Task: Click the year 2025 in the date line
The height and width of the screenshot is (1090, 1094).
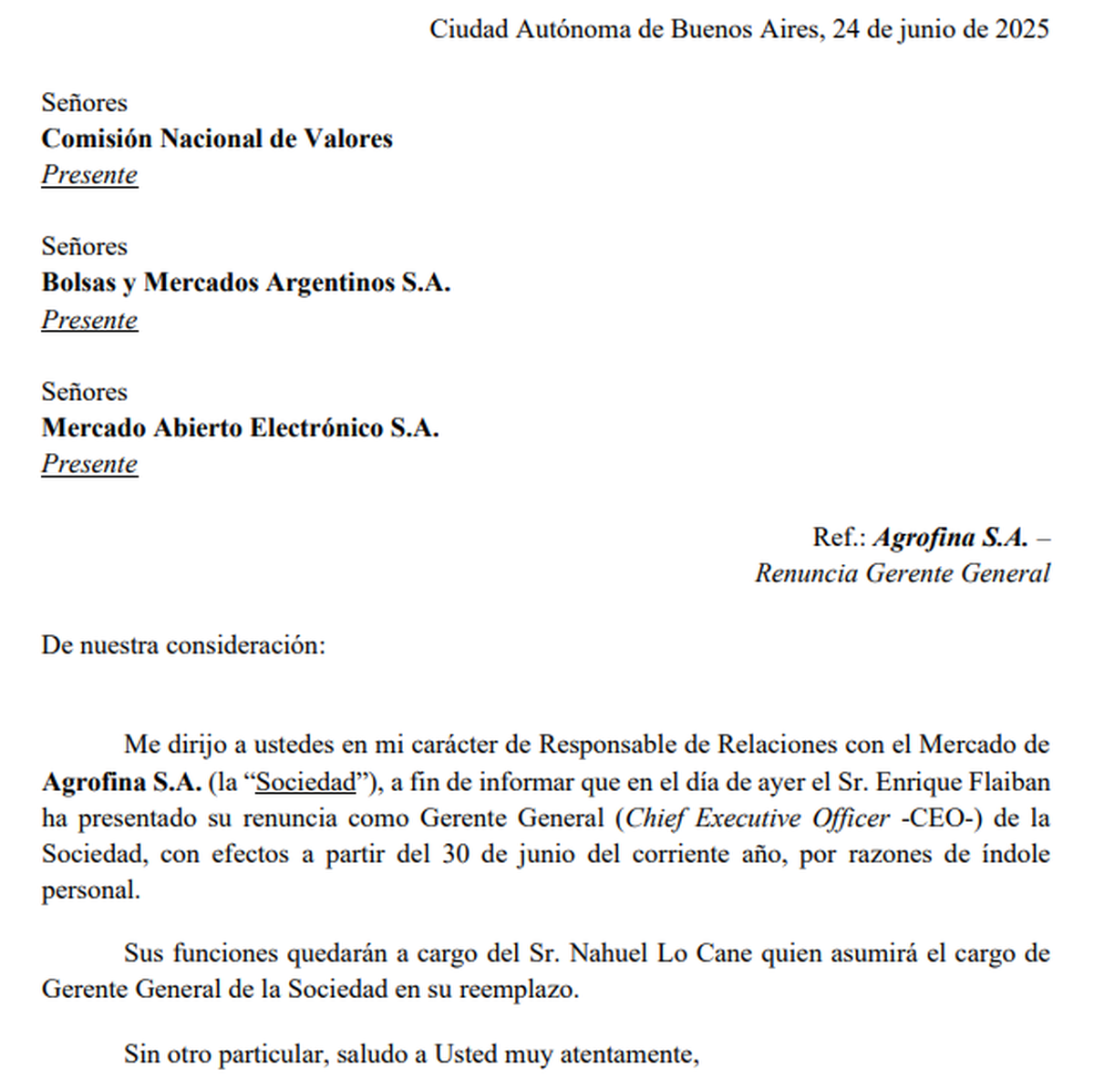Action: click(1022, 29)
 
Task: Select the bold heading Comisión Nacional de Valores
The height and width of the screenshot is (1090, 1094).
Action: click(217, 139)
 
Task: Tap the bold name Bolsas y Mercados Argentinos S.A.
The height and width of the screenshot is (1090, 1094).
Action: click(245, 283)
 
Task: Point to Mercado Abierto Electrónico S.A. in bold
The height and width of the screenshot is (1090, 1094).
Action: click(240, 427)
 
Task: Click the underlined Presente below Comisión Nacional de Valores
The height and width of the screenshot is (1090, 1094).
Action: click(89, 175)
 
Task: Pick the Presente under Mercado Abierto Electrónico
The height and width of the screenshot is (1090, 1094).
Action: click(89, 464)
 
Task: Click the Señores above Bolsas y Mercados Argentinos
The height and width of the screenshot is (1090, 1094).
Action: click(84, 246)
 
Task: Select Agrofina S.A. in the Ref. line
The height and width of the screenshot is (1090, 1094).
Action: click(950, 537)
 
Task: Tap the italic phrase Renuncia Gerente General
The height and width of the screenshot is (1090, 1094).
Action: click(903, 573)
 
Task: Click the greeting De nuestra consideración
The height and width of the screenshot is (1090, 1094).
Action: click(182, 645)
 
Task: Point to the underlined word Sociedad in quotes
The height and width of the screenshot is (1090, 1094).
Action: click(305, 782)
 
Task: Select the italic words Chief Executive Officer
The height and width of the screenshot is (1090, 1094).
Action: click(757, 818)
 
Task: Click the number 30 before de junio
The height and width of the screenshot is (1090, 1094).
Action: click(456, 854)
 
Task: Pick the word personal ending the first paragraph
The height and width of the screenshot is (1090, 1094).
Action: click(89, 890)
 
